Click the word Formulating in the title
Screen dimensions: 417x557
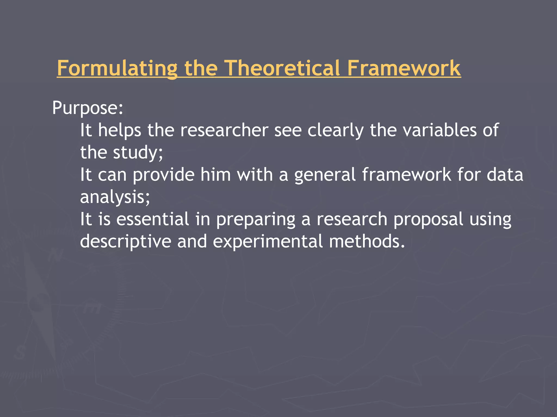point(117,68)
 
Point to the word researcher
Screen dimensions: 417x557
point(224,130)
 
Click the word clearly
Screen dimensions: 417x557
point(335,131)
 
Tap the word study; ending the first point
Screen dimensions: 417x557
point(138,153)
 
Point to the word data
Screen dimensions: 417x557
point(505,175)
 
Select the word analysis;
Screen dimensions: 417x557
point(115,197)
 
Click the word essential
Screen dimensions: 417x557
point(153,219)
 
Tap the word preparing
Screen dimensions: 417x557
point(255,220)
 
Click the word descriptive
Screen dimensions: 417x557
point(125,242)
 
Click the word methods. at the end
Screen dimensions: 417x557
point(367,241)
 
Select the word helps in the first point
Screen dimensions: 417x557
point(119,131)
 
